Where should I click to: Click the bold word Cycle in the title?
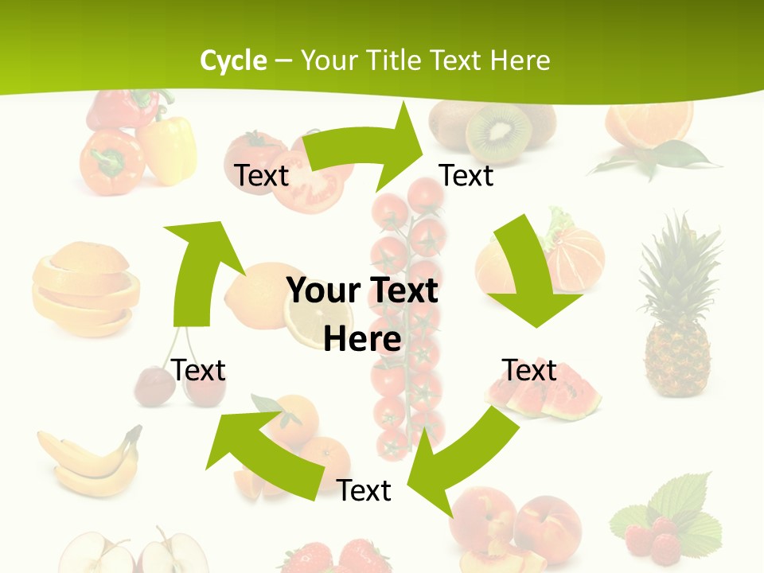[233, 60]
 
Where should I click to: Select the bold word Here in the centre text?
[362, 339]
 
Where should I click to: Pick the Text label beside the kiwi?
[466, 175]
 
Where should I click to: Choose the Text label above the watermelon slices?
[529, 370]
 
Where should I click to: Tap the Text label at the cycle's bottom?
[364, 490]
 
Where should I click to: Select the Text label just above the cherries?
[198, 370]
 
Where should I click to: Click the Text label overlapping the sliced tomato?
[261, 175]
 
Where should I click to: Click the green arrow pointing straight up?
[199, 271]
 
